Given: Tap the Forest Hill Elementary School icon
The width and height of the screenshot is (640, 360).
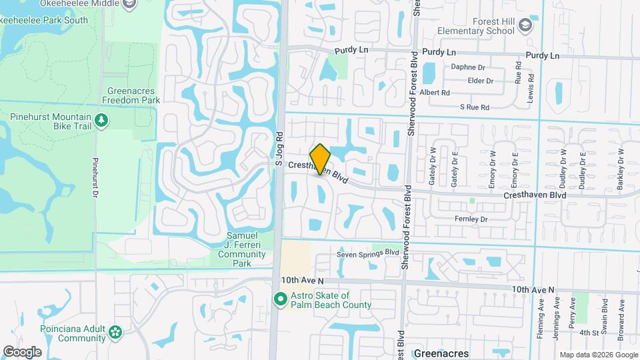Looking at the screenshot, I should (526, 26).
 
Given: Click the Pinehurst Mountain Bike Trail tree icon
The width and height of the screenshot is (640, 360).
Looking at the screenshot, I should (101, 121).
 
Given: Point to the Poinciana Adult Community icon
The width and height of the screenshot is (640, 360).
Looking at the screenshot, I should (116, 331).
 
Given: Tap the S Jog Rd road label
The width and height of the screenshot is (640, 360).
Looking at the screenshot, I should (281, 145).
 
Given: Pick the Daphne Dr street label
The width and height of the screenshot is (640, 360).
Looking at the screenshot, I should (467, 67).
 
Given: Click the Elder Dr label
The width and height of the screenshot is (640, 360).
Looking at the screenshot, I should (481, 81).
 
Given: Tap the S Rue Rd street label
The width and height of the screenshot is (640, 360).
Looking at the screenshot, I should (475, 107).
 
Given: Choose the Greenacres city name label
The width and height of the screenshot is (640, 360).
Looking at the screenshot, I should (441, 353).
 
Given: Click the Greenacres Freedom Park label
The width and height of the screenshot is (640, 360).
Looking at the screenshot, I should (131, 95).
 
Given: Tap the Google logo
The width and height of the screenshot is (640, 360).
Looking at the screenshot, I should (22, 351).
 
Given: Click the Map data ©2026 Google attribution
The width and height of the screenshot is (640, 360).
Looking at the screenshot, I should (598, 355).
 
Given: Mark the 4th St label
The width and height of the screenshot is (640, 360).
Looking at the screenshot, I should (589, 333).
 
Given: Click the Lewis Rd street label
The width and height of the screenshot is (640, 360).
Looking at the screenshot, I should (531, 84).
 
